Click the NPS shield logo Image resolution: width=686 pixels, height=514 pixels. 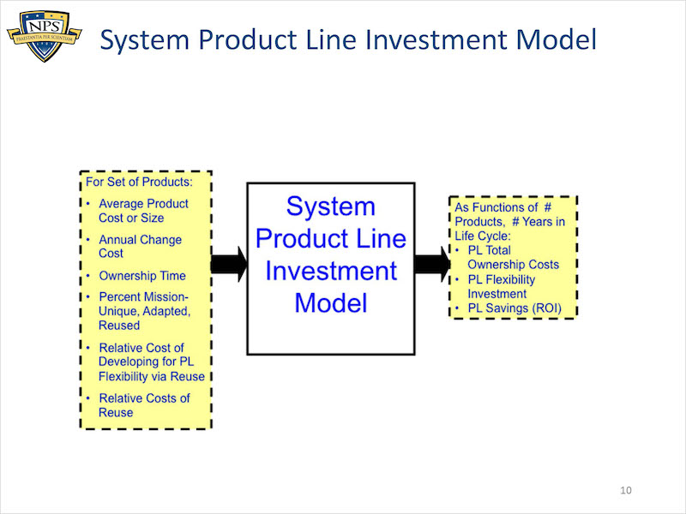coord(45,36)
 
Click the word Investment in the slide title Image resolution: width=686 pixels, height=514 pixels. coord(437,39)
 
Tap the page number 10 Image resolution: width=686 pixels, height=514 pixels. coord(626,490)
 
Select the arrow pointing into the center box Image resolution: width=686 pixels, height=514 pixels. coord(229,264)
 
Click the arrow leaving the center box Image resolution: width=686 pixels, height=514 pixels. coord(432,264)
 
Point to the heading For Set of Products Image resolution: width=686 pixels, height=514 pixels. coord(139,182)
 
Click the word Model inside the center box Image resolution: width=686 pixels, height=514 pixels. coord(331,303)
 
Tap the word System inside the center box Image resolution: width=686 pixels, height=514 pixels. coord(331,206)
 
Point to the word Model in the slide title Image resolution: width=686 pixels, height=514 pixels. coord(556,39)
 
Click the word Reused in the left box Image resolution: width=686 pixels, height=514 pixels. coord(119,326)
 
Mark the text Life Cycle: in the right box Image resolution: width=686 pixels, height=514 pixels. coord(483,236)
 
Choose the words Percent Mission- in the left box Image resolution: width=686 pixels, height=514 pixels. coord(143,297)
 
